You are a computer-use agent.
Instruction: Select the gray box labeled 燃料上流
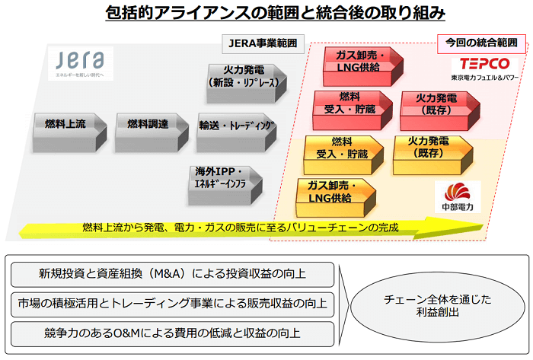(65, 124)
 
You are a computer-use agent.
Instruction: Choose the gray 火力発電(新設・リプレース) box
(244, 82)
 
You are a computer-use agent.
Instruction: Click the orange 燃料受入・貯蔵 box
(341, 149)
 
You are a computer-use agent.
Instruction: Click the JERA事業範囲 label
(262, 43)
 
